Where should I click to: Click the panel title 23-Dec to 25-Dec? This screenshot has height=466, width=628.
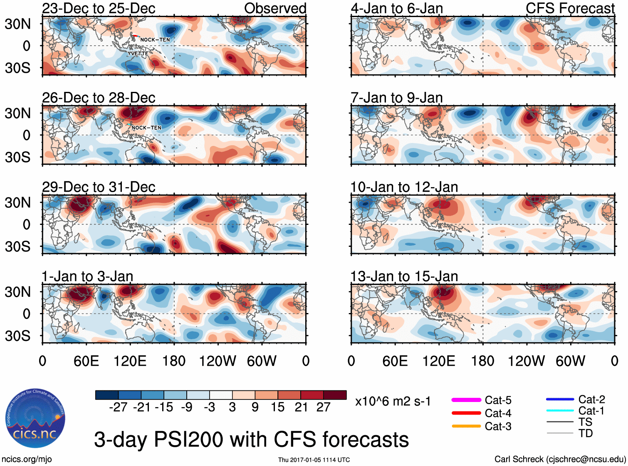coord(99,8)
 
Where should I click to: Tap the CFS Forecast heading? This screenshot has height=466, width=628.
coord(570,8)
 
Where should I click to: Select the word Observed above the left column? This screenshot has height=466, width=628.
coord(275,8)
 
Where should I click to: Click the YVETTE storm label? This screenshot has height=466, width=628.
coord(138,54)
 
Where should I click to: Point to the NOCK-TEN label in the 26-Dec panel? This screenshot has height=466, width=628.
coord(146,128)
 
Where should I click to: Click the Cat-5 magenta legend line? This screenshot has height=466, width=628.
coord(466,400)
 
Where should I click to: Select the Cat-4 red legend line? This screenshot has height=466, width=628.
coord(466,413)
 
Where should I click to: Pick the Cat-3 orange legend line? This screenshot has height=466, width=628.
coord(466,426)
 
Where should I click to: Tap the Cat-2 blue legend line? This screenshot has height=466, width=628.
coord(560,399)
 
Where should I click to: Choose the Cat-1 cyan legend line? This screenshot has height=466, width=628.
coord(560,411)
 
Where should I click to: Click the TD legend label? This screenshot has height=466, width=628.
coord(586,433)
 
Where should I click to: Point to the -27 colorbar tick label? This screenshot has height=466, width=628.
coord(118,407)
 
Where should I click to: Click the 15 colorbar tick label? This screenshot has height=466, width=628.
coord(277,407)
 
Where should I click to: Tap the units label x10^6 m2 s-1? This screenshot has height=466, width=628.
coord(393,402)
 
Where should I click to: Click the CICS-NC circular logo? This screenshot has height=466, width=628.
coord(35,418)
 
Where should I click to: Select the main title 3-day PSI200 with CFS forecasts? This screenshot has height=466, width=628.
coord(251,440)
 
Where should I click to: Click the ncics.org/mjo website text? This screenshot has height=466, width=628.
coord(27,459)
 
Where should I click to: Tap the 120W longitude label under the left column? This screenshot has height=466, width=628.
coord(218,361)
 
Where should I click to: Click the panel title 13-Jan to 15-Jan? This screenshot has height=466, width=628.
coord(404,276)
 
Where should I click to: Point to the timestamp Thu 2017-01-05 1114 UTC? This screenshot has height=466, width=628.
coord(314,460)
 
